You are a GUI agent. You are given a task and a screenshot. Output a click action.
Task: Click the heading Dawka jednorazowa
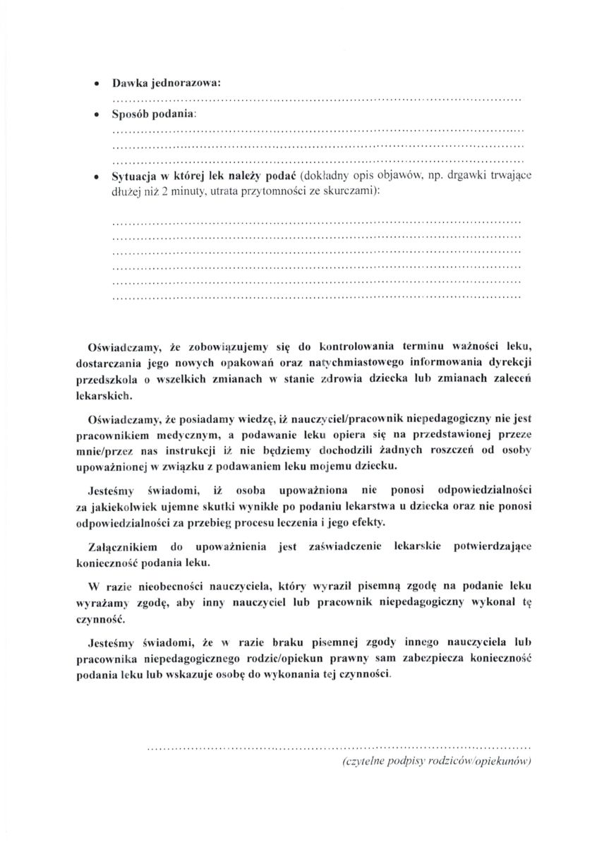pos(167,83)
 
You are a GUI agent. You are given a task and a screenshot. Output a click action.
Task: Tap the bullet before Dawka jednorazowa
pos(97,83)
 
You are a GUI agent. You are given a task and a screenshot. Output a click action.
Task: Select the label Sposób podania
pos(154,115)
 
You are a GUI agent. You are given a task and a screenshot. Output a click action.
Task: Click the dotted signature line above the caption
pos(338,746)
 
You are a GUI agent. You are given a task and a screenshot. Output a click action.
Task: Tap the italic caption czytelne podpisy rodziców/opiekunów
pos(435,762)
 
